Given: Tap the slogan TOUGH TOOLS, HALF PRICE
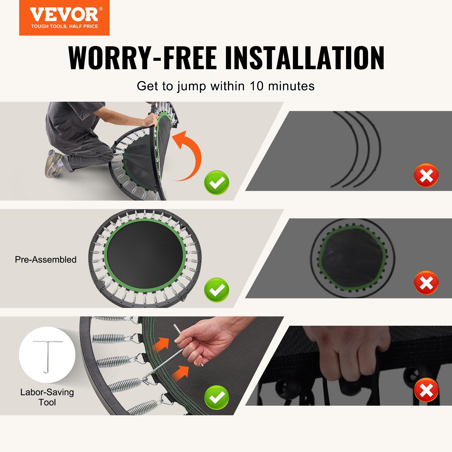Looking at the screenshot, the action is [64, 27].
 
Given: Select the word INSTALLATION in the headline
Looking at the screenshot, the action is [305, 58].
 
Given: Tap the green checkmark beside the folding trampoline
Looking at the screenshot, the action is [217, 182].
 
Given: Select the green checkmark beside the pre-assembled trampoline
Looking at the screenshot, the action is [217, 290].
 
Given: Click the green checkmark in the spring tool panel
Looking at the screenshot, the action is [217, 397].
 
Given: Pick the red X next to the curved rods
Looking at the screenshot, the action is [426, 175].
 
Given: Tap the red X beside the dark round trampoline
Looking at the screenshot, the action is [426, 282].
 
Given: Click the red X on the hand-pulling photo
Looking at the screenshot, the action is [426, 391].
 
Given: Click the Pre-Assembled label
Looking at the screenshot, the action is [45, 260].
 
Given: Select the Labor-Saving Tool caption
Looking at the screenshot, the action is [47, 397].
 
